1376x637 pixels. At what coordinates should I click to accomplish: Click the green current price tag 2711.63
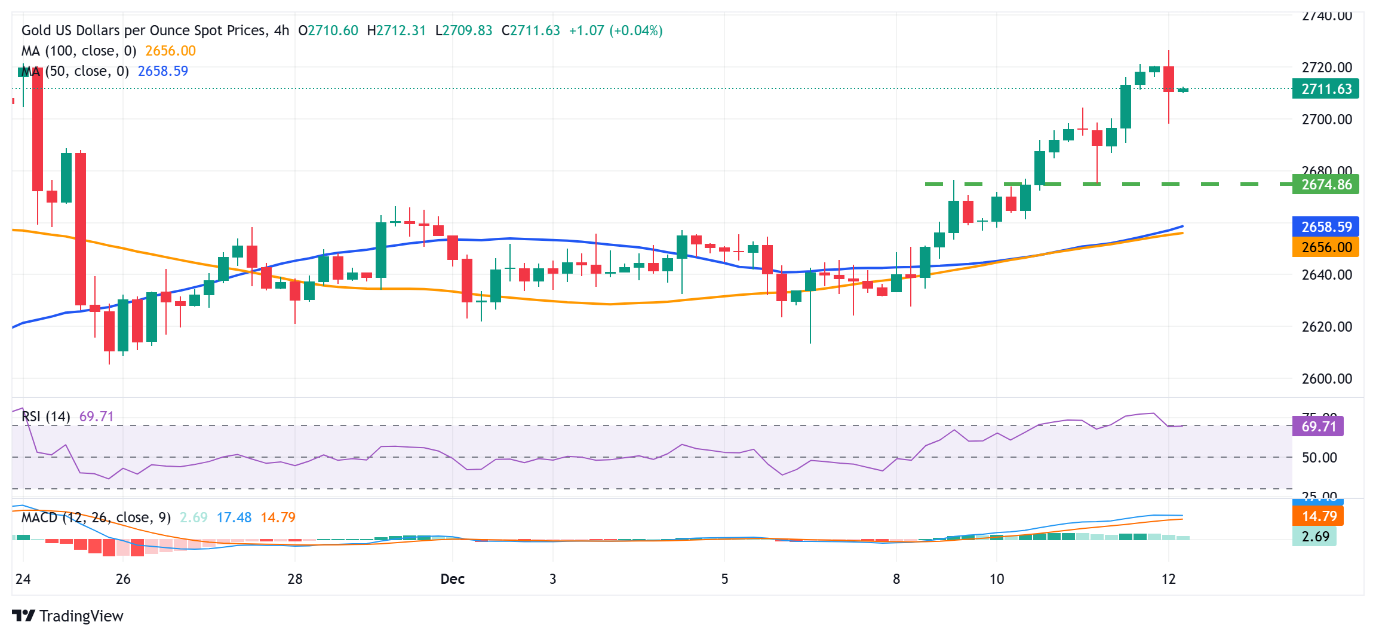1325,89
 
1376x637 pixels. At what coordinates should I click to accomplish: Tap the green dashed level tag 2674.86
1325,184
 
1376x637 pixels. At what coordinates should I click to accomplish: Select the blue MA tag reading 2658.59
1325,226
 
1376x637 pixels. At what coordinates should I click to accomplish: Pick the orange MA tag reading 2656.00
1325,247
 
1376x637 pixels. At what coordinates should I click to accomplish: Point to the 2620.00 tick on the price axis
1326,326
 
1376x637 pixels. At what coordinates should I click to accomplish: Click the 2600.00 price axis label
1326,378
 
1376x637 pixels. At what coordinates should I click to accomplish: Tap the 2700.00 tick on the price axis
1326,120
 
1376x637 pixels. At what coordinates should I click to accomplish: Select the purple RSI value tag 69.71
1317,426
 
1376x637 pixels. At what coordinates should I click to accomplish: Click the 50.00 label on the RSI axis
1319,458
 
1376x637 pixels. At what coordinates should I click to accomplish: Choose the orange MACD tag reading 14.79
1318,516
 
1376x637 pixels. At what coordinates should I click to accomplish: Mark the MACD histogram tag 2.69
1314,537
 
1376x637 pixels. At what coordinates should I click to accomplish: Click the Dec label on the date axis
452,579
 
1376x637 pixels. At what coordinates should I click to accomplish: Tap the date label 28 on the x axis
295,579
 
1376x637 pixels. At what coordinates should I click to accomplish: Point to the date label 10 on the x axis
997,579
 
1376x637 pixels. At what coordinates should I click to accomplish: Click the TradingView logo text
81,616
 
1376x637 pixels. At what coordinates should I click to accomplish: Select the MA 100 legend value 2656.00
170,51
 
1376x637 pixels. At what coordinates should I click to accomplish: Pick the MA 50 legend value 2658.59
162,71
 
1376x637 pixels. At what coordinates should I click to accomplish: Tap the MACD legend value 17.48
234,517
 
